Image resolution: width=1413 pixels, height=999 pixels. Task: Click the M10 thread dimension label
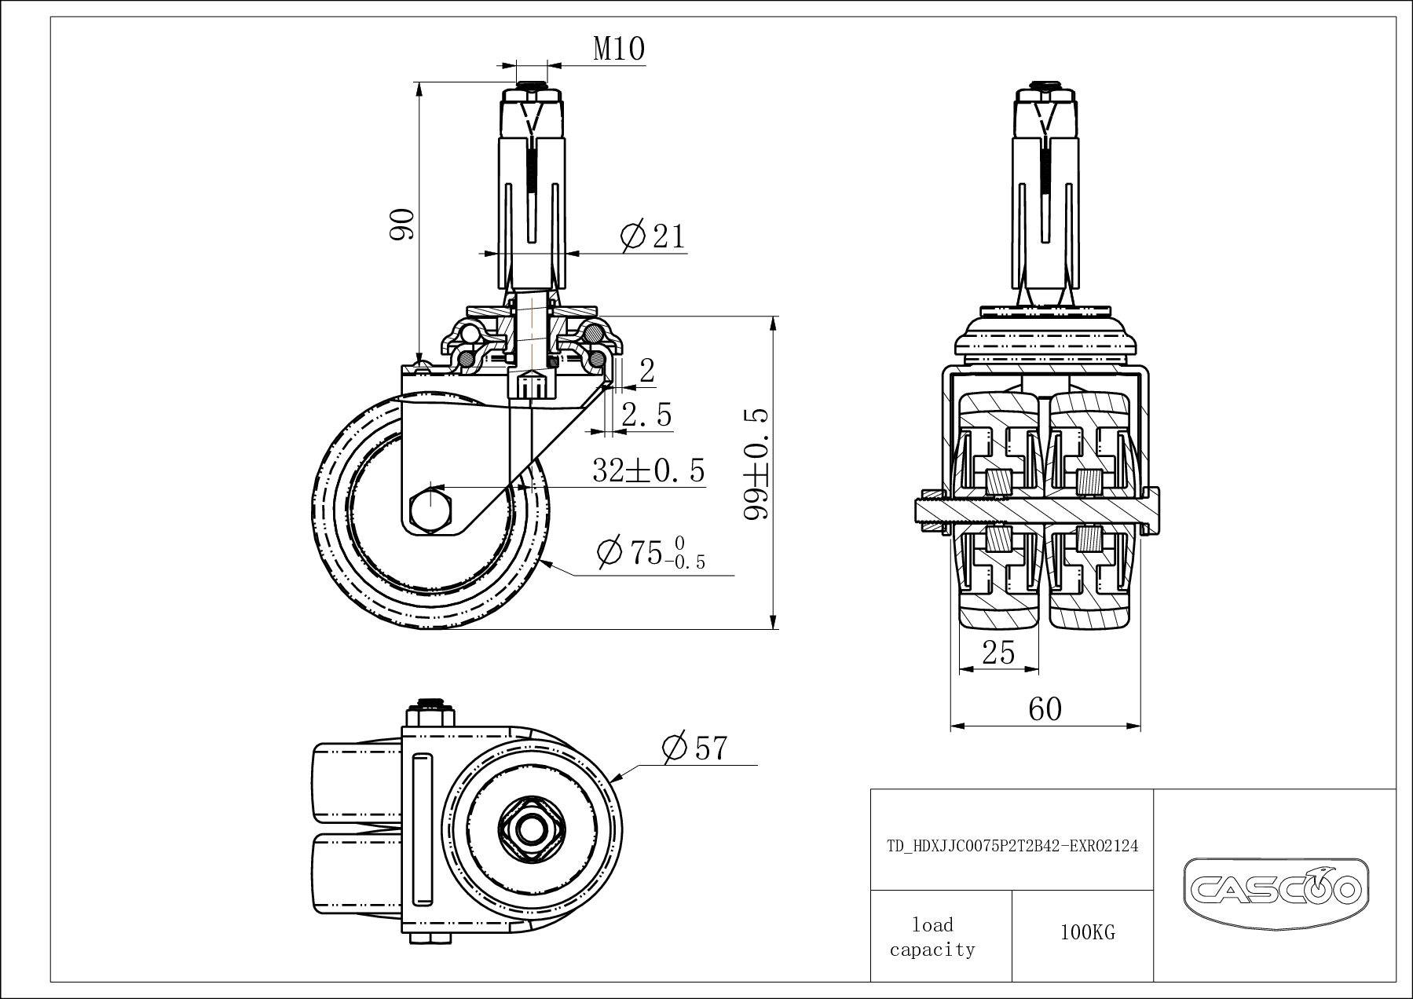619,49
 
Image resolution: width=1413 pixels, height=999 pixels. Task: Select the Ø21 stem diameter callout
652,236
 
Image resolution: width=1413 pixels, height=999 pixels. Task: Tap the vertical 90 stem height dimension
403,225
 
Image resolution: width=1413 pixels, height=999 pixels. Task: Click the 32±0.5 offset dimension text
648,471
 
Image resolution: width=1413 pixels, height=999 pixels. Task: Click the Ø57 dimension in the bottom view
694,748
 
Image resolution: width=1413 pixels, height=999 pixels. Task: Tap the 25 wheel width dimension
998,653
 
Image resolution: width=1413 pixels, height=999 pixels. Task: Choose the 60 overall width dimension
1045,709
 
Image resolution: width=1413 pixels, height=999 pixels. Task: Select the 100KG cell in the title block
1087,933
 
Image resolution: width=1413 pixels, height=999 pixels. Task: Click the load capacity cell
932,937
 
